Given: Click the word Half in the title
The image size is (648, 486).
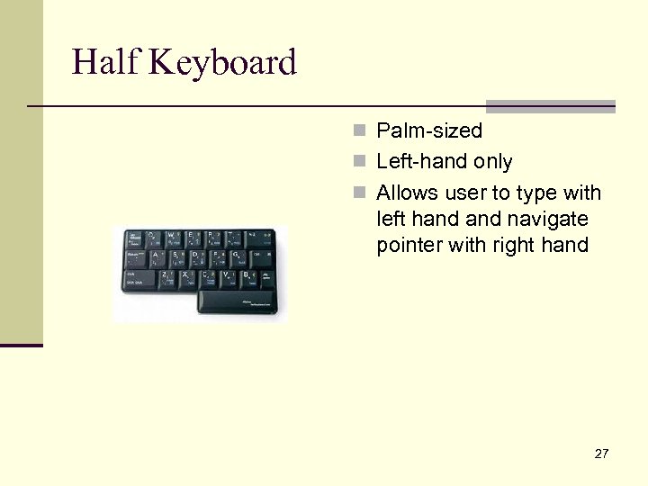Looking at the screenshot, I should click(x=107, y=63).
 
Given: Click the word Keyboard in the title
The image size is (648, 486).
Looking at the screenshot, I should click(x=224, y=63).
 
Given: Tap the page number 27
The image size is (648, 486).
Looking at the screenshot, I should click(x=601, y=454).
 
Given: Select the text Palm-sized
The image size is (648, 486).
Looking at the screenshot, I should click(x=429, y=131).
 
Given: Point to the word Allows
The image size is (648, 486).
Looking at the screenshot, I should click(x=406, y=193).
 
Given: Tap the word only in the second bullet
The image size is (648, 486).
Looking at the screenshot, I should click(x=493, y=162).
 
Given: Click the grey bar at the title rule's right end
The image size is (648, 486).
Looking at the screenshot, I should click(x=551, y=105).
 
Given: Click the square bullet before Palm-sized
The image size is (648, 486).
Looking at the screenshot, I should click(x=360, y=131).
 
